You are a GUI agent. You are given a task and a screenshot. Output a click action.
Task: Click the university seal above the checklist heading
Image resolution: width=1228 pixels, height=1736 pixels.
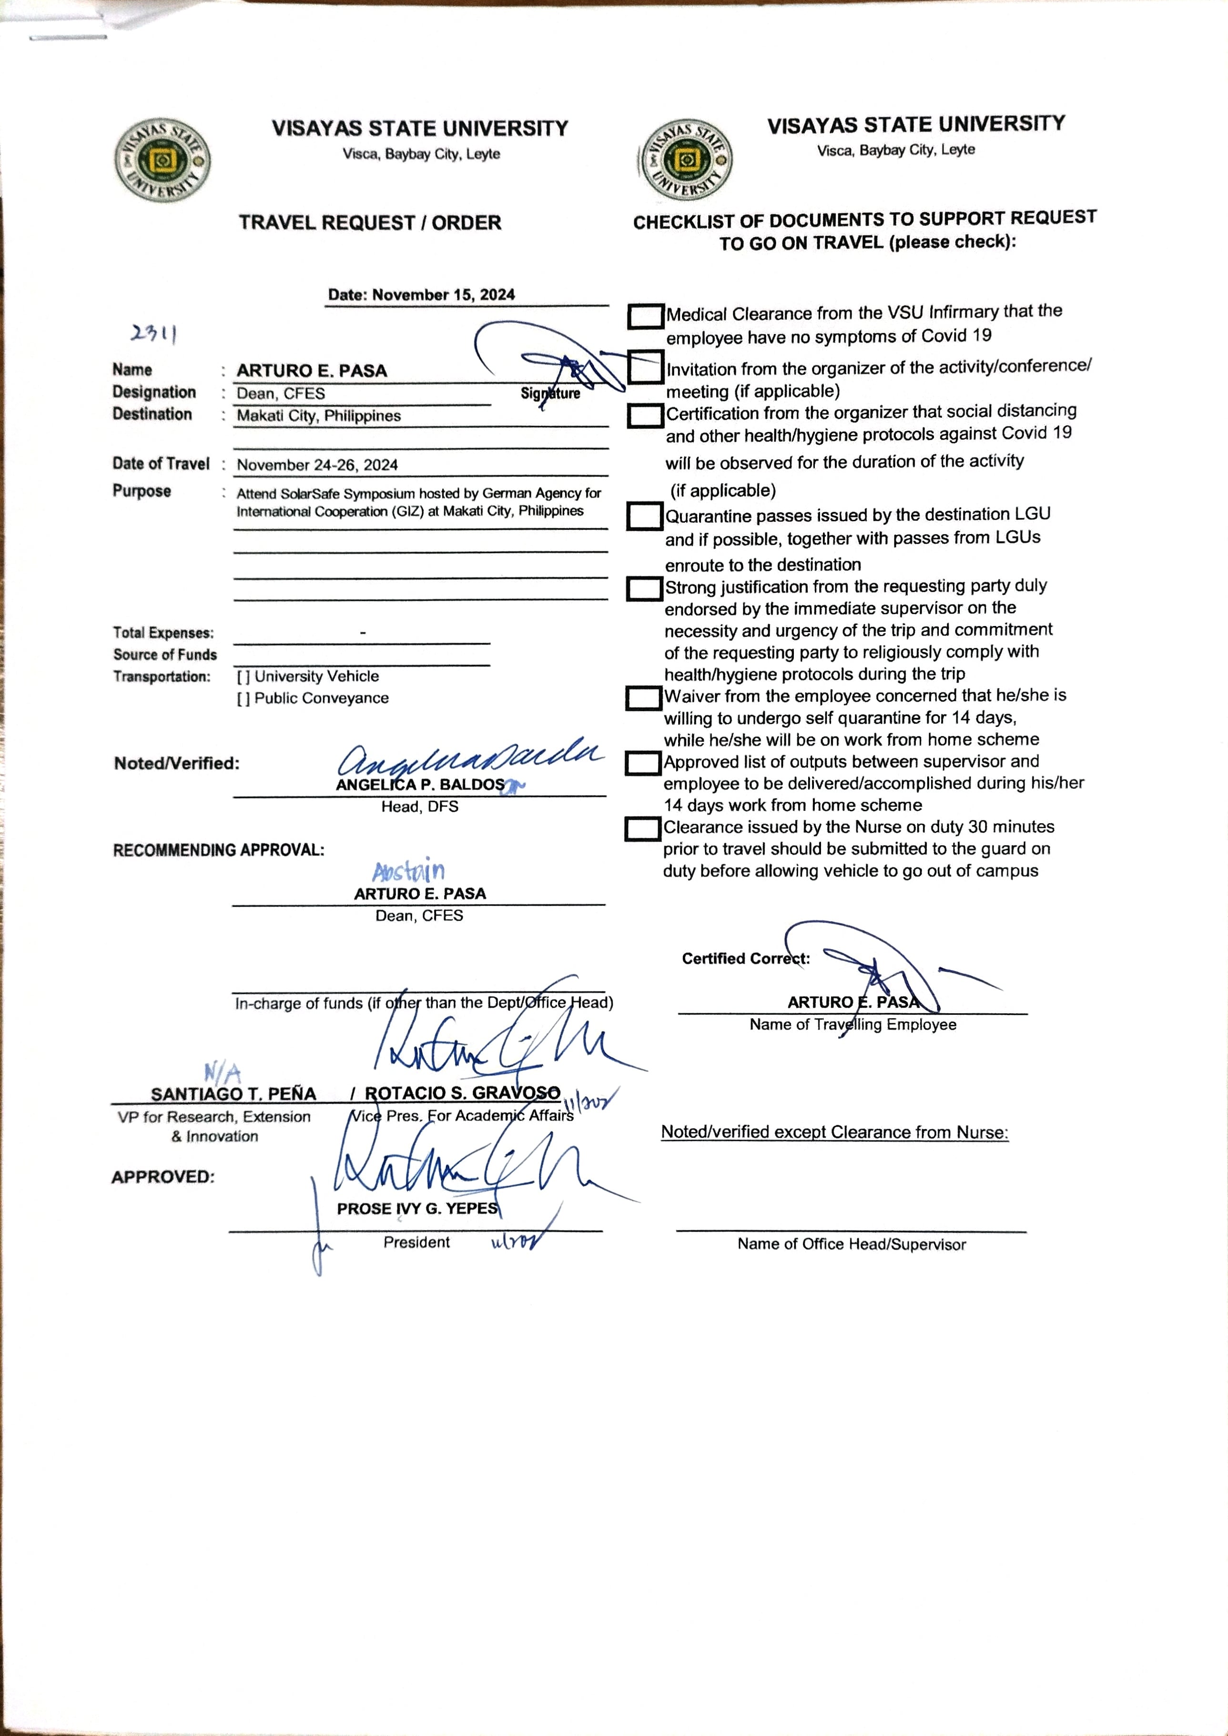coord(685,160)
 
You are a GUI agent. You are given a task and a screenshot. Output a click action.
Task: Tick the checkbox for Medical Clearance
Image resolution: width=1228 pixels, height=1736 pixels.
coord(645,316)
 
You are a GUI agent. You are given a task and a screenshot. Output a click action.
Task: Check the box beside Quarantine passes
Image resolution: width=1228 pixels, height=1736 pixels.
coord(644,516)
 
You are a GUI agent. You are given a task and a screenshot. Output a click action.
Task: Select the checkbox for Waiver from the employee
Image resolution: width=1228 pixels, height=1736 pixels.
coord(643,698)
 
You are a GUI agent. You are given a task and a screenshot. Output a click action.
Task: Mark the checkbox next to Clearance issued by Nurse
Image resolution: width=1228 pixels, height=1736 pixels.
coord(643,829)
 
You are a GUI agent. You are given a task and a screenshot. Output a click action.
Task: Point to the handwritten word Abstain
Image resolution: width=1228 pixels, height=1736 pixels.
coord(408,871)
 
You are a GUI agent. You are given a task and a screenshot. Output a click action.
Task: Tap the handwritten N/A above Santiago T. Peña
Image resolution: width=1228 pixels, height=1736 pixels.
coord(223,1072)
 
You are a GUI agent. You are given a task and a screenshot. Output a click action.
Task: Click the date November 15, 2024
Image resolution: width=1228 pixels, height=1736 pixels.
coord(421,295)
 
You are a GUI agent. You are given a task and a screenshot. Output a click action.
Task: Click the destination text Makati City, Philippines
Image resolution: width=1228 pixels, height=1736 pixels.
coord(318,416)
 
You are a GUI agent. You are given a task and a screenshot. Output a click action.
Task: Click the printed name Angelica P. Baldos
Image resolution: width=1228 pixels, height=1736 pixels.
coord(420,785)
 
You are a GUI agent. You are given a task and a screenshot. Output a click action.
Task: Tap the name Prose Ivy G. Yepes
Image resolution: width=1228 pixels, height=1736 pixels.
coord(417,1208)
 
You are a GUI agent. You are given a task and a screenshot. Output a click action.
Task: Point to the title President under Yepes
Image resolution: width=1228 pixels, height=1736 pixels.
coord(416,1242)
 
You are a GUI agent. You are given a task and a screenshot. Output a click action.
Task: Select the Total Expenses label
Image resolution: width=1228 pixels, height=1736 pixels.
coord(163,633)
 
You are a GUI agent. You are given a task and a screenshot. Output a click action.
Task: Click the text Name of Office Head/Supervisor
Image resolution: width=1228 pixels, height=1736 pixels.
coord(852,1244)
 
